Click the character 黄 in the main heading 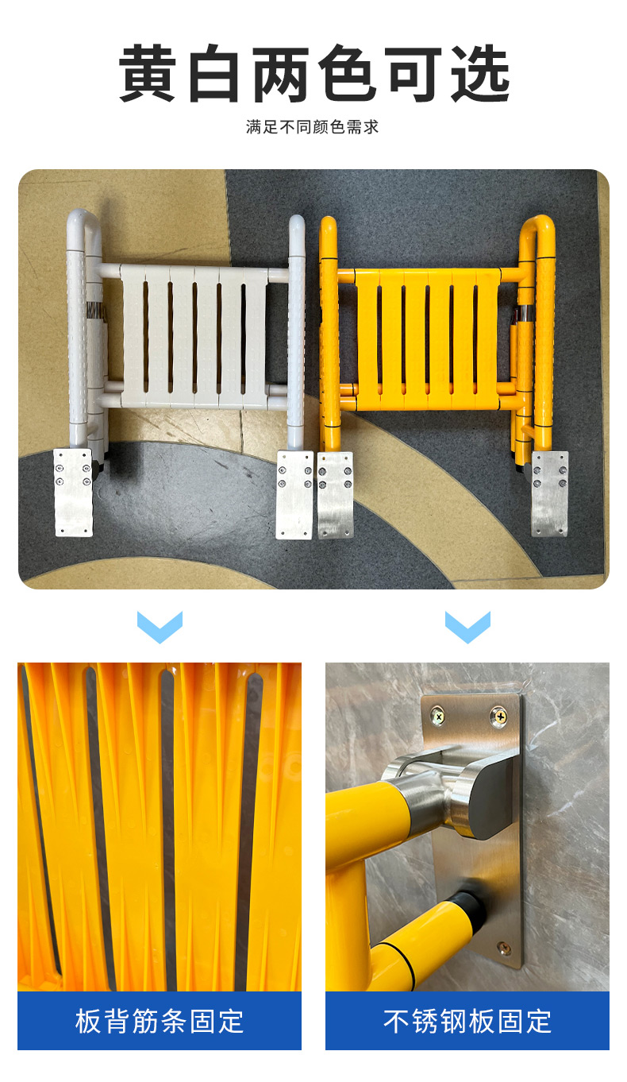[x=147, y=73]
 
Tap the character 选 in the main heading [x=481, y=73]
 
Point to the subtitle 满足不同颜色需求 [x=312, y=127]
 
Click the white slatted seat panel [x=194, y=337]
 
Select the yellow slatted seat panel [x=428, y=339]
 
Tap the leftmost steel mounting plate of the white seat [x=73, y=493]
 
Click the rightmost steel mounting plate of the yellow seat [x=550, y=493]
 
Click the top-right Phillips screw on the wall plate [x=499, y=716]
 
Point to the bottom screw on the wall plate [x=504, y=949]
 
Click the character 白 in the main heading [x=213, y=73]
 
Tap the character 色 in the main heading [x=347, y=73]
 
